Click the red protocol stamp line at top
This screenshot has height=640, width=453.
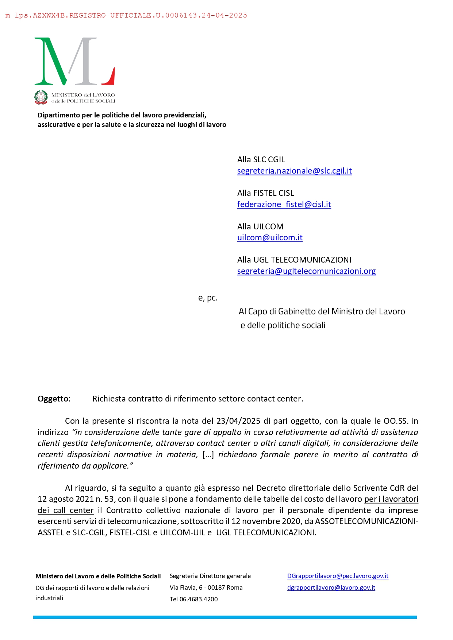(126, 15)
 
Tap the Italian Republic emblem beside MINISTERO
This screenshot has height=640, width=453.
(41, 97)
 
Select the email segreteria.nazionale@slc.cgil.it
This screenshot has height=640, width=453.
(294, 171)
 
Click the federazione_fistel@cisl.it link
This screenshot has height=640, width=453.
(284, 205)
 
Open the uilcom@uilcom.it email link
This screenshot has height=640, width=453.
(270, 238)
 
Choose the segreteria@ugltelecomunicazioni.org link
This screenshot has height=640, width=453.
(306, 271)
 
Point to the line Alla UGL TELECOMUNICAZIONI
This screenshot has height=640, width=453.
(294, 260)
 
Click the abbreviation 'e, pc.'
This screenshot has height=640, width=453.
(208, 298)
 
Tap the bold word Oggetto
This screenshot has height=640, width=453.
(53, 399)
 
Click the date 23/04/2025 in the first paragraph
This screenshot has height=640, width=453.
(238, 421)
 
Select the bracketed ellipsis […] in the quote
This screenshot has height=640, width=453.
(208, 455)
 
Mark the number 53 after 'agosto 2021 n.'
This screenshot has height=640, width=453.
(110, 499)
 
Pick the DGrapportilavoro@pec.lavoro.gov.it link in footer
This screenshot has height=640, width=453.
(338, 576)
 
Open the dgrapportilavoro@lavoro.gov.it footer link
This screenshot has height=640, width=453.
(331, 588)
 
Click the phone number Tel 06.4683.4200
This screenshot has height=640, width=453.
(193, 600)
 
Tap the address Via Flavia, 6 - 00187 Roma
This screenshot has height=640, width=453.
(206, 588)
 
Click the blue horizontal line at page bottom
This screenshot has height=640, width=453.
(225, 617)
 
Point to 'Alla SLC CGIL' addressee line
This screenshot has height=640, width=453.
(261, 160)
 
